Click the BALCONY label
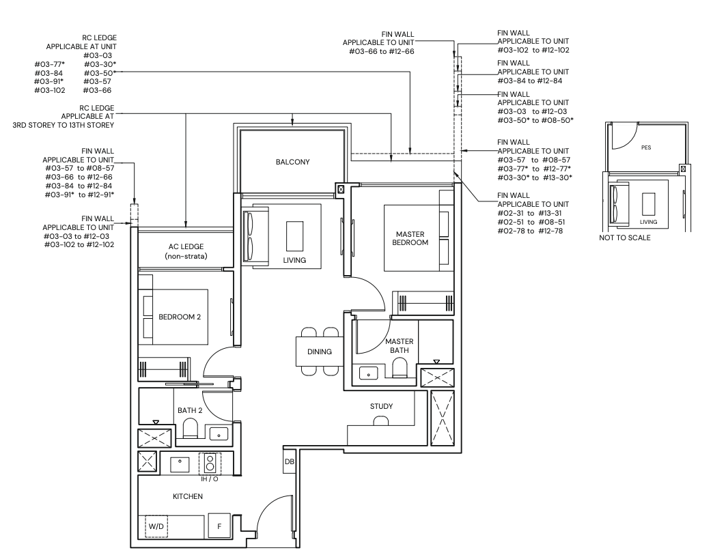292,162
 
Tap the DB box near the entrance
290,462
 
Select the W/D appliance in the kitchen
156,526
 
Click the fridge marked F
219,526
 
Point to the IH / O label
209,479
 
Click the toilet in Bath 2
190,427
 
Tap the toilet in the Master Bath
400,367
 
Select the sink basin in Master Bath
368,373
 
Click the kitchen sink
180,465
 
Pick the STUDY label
381,406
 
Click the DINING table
320,351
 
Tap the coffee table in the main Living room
294,235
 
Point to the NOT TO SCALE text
624,238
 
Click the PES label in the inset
645,147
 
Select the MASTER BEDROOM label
410,238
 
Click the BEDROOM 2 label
180,317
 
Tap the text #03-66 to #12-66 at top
382,51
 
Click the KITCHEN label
188,496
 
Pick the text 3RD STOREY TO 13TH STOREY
64,125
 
